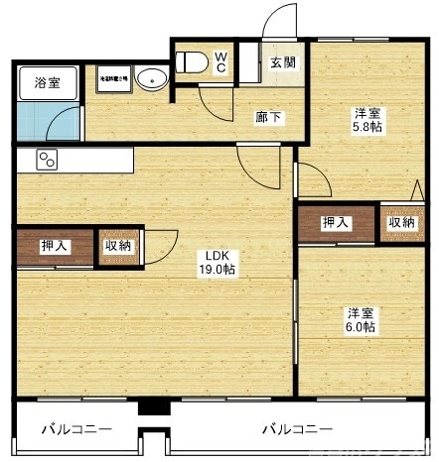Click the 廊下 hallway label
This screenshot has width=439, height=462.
tap(268, 118)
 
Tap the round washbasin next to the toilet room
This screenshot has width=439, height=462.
tap(151, 78)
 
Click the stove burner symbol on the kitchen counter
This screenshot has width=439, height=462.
tap(48, 159)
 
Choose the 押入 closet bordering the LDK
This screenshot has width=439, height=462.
tap(55, 246)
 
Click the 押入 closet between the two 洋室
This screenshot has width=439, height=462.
tap(336, 222)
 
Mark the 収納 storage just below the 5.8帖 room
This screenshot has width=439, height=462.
tap(401, 222)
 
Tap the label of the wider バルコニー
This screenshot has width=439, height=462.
tap(297, 429)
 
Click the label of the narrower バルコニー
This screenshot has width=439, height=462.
tap(76, 429)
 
